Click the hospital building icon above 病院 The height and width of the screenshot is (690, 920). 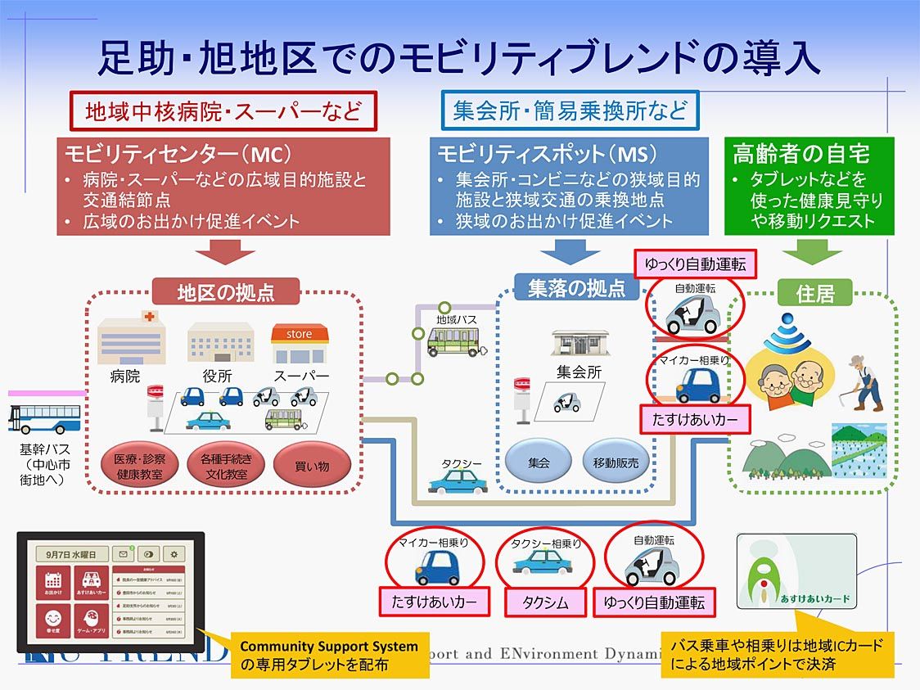click(131, 336)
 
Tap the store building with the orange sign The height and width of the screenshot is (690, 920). click(300, 343)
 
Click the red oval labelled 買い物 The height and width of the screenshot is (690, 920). click(311, 466)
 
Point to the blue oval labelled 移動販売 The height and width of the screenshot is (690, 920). click(616, 462)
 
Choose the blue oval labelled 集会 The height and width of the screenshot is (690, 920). click(539, 462)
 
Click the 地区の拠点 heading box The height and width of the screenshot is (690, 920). click(226, 292)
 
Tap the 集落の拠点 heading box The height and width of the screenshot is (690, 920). click(576, 288)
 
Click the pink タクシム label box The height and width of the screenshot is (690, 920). click(545, 602)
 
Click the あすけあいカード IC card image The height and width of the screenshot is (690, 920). click(796, 572)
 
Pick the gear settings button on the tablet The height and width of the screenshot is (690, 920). click(173, 554)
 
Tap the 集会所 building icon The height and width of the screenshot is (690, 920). click(580, 343)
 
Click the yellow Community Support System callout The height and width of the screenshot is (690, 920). click(328, 654)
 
